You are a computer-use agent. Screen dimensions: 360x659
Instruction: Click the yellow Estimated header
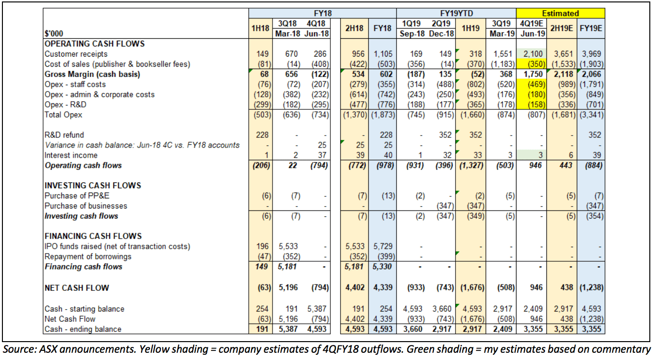tap(560, 13)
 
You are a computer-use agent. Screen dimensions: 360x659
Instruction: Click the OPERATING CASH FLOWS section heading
tap(95, 44)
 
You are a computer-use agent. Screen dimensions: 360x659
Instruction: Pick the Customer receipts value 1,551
tap(503, 54)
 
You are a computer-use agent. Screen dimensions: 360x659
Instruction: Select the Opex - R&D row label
tap(66, 105)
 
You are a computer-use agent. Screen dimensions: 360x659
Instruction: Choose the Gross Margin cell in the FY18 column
tap(382, 75)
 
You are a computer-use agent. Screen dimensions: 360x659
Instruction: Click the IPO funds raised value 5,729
tap(382, 246)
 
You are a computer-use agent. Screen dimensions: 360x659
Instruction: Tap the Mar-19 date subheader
tap(503, 33)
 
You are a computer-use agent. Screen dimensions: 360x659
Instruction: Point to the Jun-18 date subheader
tap(316, 33)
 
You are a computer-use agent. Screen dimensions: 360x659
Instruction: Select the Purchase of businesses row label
tap(86, 206)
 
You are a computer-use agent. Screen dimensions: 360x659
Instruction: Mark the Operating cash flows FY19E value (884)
tap(592, 165)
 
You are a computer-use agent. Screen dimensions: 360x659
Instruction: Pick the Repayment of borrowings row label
tap(87, 256)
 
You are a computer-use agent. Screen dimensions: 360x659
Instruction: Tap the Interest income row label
tap(71, 155)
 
